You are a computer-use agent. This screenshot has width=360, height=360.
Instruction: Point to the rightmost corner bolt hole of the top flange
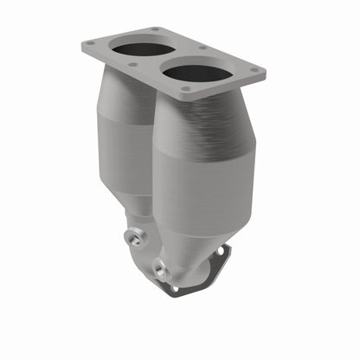click(254, 73)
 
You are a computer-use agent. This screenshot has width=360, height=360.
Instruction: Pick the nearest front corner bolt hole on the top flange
click(184, 88)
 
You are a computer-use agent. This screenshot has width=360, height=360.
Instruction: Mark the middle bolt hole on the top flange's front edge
click(132, 64)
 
